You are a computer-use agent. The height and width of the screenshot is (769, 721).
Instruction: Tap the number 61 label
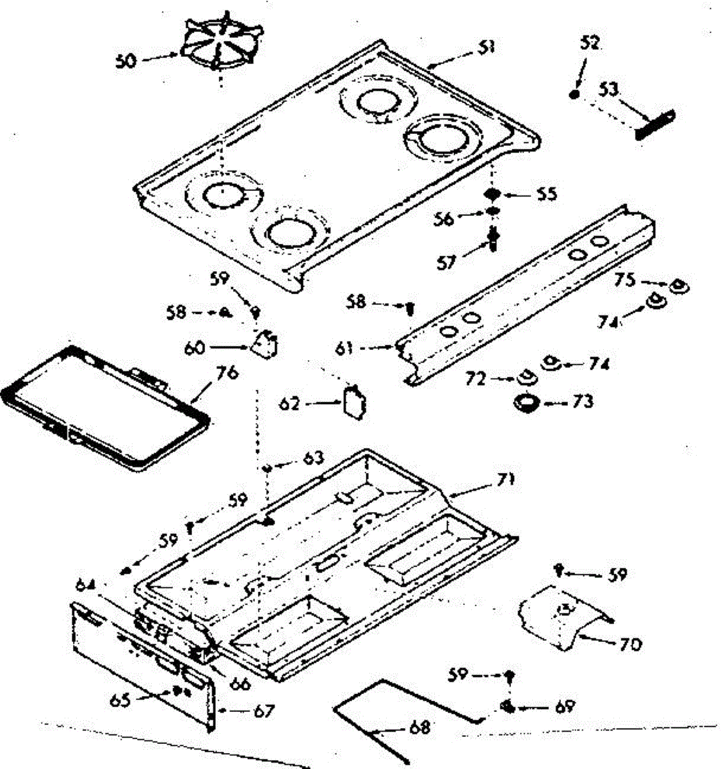click(344, 348)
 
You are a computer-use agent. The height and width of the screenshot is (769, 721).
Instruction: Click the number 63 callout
click(313, 459)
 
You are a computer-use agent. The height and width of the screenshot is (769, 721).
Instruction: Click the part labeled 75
click(678, 286)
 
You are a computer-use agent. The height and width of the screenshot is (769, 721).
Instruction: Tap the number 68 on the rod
click(419, 727)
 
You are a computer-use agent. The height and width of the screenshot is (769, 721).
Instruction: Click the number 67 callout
click(263, 711)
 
